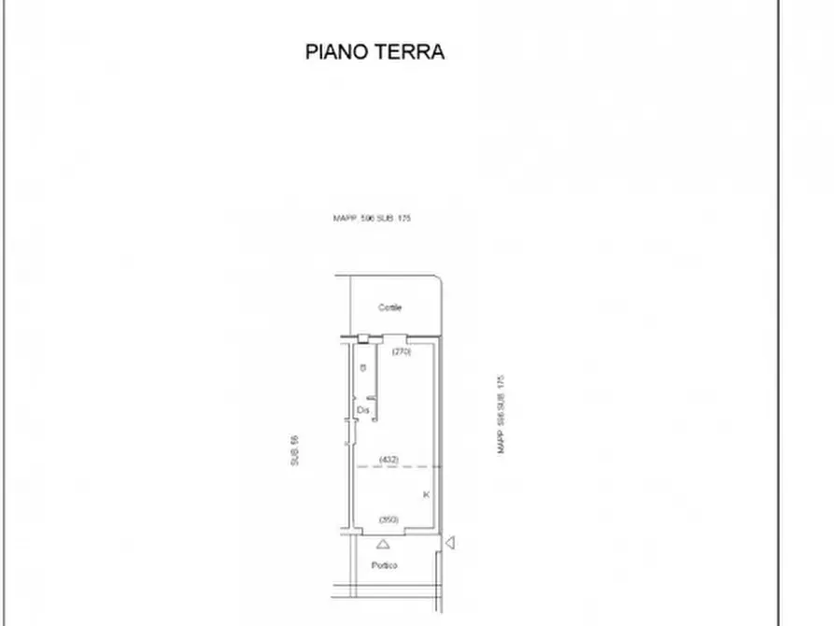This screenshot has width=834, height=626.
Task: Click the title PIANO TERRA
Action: point(375,51)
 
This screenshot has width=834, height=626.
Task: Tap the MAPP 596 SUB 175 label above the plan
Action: point(372,218)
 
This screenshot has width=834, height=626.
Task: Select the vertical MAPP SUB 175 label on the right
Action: point(501,415)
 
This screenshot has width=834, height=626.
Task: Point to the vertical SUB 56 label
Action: point(293,451)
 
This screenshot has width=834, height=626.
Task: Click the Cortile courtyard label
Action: point(389,307)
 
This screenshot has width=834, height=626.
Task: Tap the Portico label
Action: point(384,566)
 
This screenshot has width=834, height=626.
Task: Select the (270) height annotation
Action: point(402,352)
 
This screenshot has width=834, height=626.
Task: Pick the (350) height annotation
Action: point(389,519)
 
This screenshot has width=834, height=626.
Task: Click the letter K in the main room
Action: point(426,493)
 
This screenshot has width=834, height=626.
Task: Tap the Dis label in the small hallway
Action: point(362,409)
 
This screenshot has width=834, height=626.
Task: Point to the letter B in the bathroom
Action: point(362,368)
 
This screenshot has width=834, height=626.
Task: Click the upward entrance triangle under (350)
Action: point(382,543)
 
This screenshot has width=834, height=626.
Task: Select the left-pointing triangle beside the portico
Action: point(450,542)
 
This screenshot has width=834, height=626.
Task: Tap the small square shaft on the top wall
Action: point(361,337)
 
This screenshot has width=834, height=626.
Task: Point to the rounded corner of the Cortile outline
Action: point(435,278)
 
